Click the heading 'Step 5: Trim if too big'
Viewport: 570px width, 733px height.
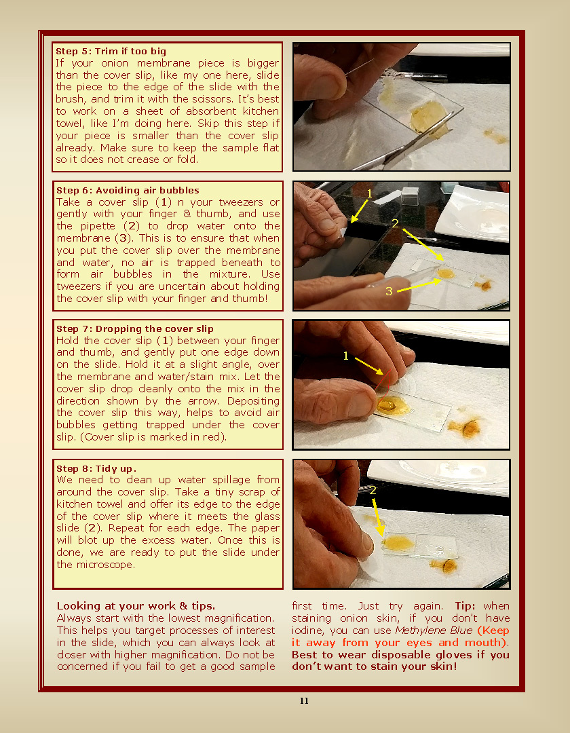pyautogui.click(x=111, y=51)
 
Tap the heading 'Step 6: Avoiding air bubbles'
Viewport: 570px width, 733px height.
pyautogui.click(x=128, y=190)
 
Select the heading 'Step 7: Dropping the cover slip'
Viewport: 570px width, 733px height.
pyautogui.click(x=134, y=328)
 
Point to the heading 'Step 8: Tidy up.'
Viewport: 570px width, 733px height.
pyautogui.click(x=96, y=468)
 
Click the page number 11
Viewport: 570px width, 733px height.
pyautogui.click(x=304, y=700)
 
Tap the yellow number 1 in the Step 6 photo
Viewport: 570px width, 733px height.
pyautogui.click(x=369, y=193)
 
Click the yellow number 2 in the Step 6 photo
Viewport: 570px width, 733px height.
pyautogui.click(x=395, y=223)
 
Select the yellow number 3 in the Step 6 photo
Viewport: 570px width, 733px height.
pyautogui.click(x=389, y=291)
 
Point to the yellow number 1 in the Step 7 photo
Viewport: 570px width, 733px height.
pyautogui.click(x=346, y=356)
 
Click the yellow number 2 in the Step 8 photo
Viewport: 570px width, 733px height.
pyautogui.click(x=373, y=490)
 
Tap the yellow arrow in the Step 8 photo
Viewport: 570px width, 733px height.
pyautogui.click(x=378, y=517)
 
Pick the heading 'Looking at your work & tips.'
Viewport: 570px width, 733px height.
pyautogui.click(x=136, y=606)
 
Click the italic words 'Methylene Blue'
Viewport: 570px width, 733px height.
pyautogui.click(x=434, y=630)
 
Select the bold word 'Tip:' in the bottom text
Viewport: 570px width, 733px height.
pyautogui.click(x=465, y=606)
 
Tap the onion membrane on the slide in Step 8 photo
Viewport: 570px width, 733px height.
pyautogui.click(x=398, y=543)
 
